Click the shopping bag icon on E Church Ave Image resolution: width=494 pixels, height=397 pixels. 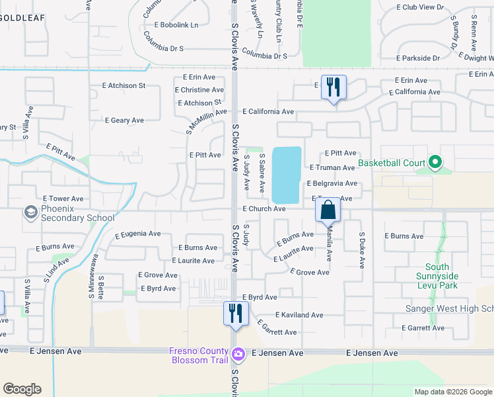click(x=328, y=210)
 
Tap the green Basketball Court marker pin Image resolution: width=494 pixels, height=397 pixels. click(x=435, y=161)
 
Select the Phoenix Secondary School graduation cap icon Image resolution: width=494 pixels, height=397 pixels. click(x=30, y=212)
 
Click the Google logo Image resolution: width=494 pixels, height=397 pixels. click(x=22, y=389)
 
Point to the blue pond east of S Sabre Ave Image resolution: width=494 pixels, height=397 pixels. click(x=287, y=174)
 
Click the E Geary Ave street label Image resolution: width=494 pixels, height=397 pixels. click(x=124, y=120)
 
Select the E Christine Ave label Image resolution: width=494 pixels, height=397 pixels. click(x=199, y=90)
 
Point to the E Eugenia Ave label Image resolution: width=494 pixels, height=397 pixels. click(x=137, y=234)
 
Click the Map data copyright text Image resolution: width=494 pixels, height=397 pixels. click(x=452, y=392)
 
